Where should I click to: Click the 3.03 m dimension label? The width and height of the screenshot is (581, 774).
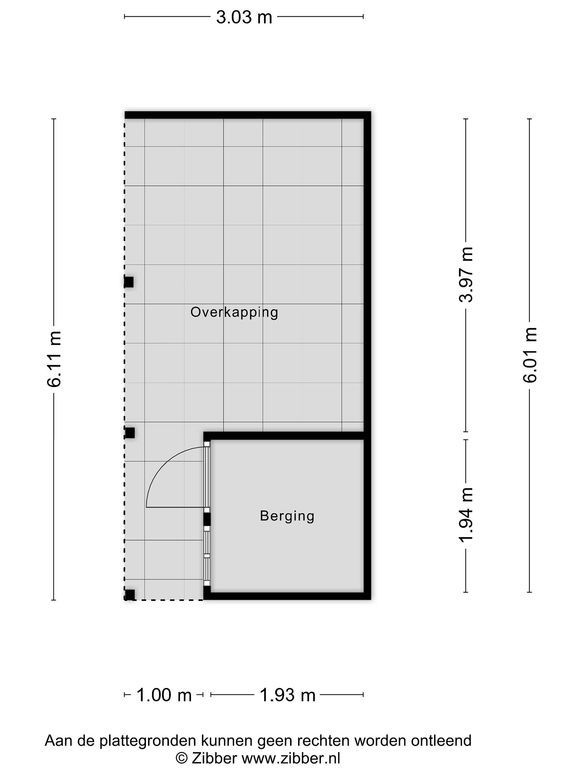coord(244,17)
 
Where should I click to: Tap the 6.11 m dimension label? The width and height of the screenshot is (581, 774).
coord(54,359)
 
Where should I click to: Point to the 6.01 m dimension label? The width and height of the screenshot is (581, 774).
coord(530,355)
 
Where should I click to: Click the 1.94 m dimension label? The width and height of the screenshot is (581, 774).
coord(466,514)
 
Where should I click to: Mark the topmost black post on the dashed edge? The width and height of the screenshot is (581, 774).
coord(129,282)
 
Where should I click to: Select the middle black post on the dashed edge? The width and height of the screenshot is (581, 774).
coord(130,433)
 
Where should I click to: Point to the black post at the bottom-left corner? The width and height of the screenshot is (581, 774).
coord(130,594)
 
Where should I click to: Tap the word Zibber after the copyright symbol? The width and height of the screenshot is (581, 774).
coord(214,759)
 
